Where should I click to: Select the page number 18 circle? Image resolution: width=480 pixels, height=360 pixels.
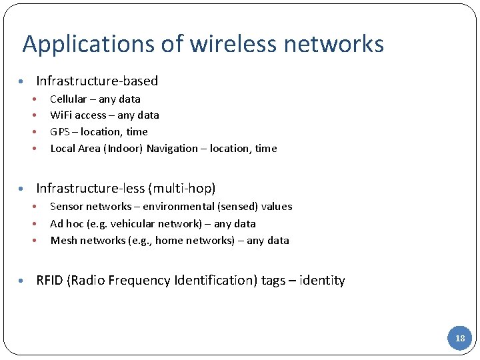pos(460,338)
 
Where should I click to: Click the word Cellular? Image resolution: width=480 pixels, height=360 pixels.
pos(69,99)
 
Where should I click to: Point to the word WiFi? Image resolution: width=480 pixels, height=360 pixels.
pos(61,115)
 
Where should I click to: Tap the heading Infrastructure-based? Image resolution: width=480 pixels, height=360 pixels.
pos(97,81)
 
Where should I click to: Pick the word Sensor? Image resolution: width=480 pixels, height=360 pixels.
pos(66,207)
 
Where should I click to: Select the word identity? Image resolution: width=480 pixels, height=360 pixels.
pos(323,280)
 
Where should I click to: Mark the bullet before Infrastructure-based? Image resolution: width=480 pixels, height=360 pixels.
pos(22,81)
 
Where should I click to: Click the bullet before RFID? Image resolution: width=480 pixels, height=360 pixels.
pos(22,281)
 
